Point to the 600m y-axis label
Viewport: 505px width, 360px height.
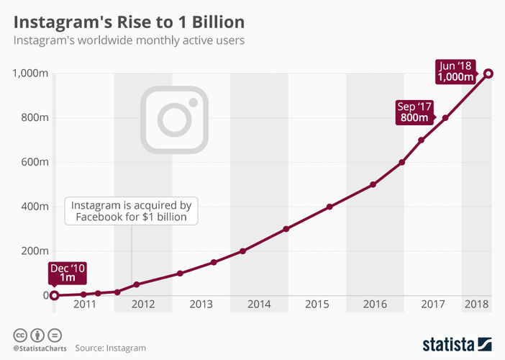pyautogui.click(x=35, y=162)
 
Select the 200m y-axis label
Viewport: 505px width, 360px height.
pyautogui.click(x=35, y=251)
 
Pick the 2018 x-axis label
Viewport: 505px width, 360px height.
pyautogui.click(x=476, y=305)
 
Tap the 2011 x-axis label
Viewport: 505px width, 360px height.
pyautogui.click(x=84, y=305)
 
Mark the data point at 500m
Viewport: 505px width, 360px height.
pyautogui.click(x=373, y=184)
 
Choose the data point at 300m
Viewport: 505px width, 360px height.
pyautogui.click(x=286, y=229)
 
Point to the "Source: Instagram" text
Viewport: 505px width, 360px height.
pyautogui.click(x=110, y=348)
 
